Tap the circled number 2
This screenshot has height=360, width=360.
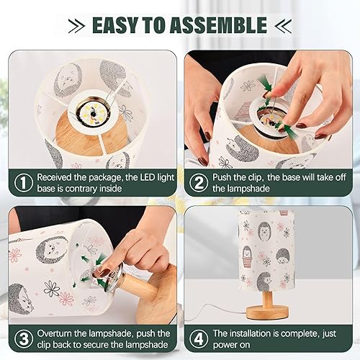(197, 184)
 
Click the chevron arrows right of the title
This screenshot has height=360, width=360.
(283, 26)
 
